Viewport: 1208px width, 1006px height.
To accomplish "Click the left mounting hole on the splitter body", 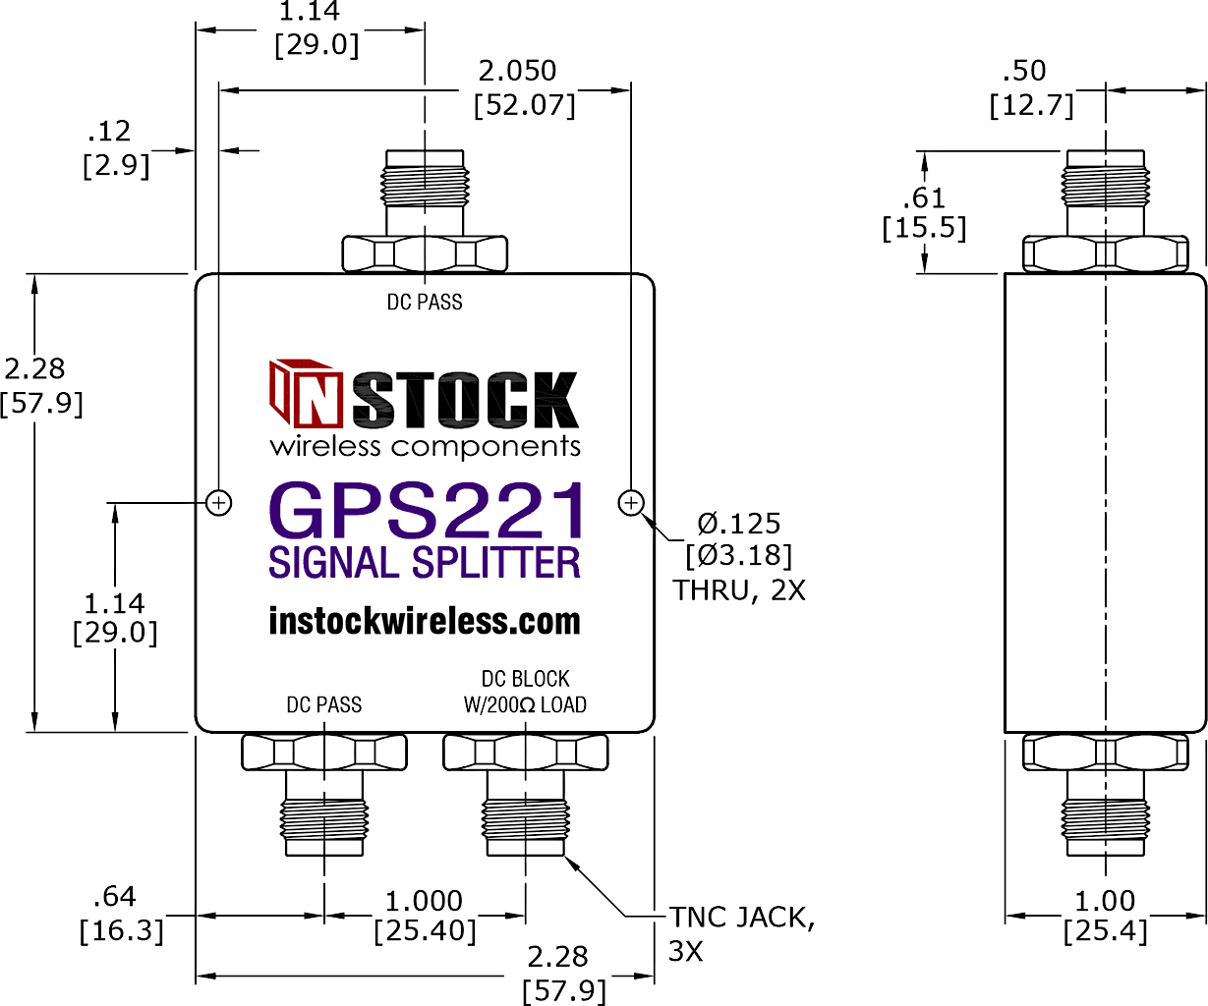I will point(219,503).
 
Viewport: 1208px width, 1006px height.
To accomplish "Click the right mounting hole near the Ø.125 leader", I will point(631,503).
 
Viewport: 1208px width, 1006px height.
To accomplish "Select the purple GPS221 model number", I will point(427,511).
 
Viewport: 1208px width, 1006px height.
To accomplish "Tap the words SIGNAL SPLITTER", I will point(425,563).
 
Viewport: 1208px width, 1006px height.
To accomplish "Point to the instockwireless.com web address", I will point(425,622).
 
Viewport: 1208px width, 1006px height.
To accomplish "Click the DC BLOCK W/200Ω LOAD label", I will point(525,692).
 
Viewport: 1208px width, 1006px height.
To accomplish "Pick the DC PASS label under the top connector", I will point(425,303).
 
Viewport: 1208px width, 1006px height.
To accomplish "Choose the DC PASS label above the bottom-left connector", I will point(324,704).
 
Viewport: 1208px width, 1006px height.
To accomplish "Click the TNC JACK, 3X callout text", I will point(741,933).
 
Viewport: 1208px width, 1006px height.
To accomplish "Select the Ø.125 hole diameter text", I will point(739,524).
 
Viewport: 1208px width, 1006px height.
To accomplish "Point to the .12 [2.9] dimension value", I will point(115,147).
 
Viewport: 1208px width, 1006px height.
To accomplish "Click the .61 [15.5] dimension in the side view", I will point(924,212).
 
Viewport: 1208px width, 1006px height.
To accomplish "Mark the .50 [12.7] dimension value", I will point(1030,87).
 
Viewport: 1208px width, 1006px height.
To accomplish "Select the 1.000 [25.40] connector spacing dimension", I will point(425,916).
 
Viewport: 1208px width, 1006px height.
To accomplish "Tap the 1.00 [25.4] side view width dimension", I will point(1105,916).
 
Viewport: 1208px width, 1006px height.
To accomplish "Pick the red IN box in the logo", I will point(307,395).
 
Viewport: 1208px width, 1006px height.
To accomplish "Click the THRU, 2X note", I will point(739,589).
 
